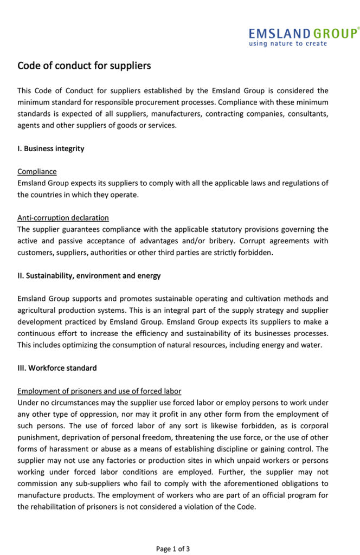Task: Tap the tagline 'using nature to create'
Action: point(288,44)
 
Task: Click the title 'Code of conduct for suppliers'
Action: point(84,66)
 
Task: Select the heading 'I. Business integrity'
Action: point(51,149)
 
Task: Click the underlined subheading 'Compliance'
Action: point(37,171)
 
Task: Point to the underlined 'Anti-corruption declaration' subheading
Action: point(63,218)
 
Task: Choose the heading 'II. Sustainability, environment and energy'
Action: point(89,275)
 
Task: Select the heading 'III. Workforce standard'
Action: point(57,368)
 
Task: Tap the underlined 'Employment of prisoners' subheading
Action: point(99,391)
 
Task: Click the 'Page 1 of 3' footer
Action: point(173,548)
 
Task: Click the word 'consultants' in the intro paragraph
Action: point(308,114)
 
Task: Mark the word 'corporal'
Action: point(314,426)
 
